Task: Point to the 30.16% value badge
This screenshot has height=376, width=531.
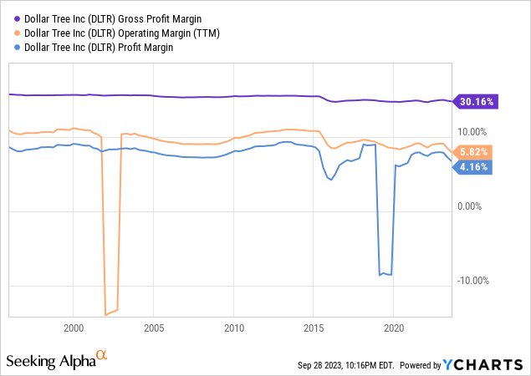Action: click(x=477, y=102)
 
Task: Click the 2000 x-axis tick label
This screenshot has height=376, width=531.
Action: click(x=74, y=328)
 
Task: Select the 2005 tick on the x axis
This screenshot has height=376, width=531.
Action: click(x=154, y=328)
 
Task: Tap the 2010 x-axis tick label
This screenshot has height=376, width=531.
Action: click(x=234, y=328)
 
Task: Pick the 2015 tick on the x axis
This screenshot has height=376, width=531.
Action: click(x=314, y=328)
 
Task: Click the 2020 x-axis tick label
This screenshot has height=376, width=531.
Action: click(x=394, y=328)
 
